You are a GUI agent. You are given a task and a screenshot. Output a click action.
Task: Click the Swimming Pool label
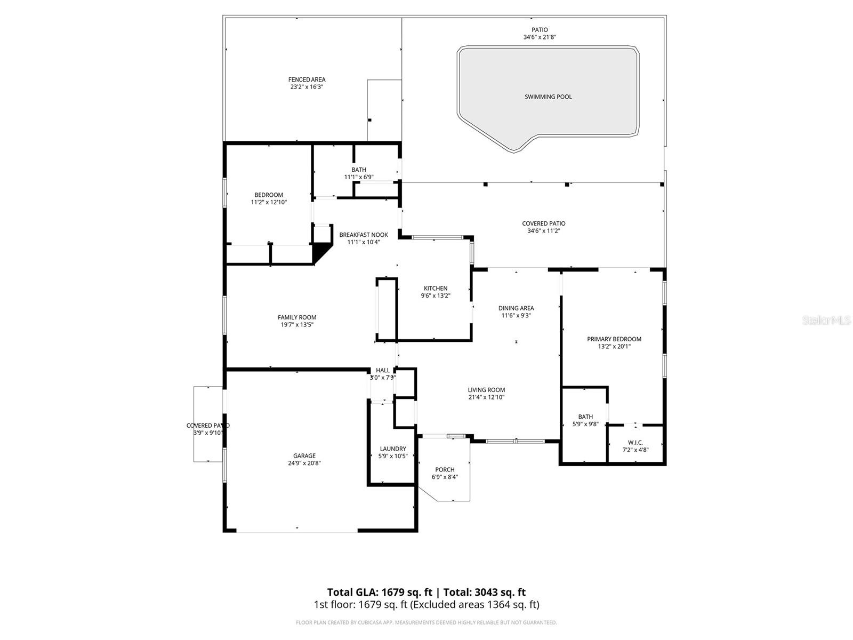tap(548, 97)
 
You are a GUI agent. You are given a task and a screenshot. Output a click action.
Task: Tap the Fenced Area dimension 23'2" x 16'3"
tap(307, 87)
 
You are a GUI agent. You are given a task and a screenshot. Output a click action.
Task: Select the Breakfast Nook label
tap(364, 235)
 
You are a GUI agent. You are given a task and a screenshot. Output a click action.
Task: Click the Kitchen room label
tap(436, 289)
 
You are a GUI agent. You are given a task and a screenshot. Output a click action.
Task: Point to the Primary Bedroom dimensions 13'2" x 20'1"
tap(614, 347)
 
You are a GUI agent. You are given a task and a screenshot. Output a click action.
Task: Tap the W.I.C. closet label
tap(635, 443)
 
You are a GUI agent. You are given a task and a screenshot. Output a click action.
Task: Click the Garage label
tap(304, 456)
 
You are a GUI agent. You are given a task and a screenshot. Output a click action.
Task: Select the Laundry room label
tap(393, 449)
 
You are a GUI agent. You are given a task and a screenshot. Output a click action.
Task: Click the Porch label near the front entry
tap(445, 470)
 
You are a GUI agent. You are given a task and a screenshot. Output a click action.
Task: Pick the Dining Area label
tap(516, 308)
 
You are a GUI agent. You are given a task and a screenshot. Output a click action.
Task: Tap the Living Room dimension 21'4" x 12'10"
tap(486, 397)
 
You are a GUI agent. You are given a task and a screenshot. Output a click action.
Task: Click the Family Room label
tap(297, 317)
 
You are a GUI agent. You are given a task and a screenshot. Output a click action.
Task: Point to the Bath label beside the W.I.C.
tap(585, 417)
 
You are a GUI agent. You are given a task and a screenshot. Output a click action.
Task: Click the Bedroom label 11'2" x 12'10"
tap(269, 195)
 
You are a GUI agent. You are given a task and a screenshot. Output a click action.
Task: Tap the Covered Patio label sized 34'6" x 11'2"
tap(543, 224)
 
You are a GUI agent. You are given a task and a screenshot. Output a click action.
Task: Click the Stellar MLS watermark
tap(826, 321)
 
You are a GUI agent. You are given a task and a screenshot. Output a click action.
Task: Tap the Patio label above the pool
tap(540, 30)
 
